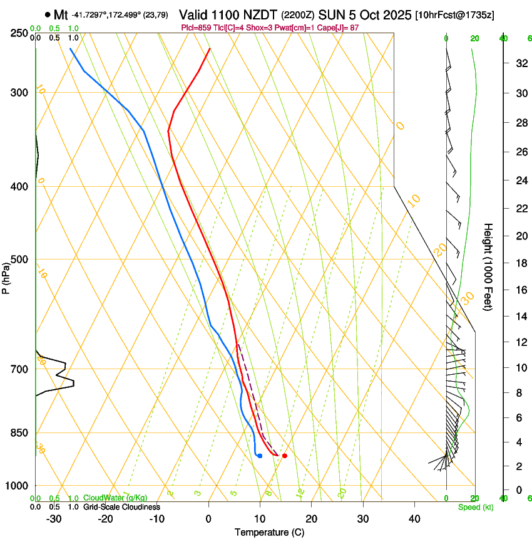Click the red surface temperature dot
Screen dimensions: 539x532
[285, 456]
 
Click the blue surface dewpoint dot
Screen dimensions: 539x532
[260, 456]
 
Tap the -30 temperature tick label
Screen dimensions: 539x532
[54, 519]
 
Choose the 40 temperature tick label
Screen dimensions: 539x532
[414, 519]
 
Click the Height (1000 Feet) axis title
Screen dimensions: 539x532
[489, 266]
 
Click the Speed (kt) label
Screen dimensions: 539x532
[475, 507]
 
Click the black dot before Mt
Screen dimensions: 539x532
[48, 14]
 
